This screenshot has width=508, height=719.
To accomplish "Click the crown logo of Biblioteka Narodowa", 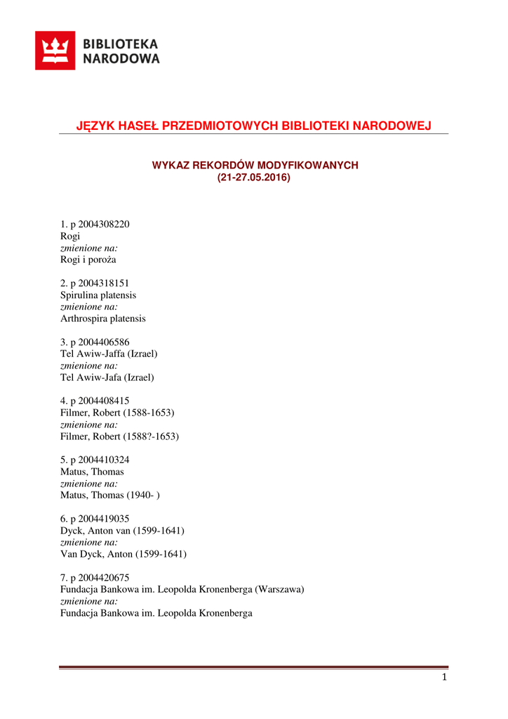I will [55, 51].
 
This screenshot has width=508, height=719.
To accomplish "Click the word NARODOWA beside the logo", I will [121, 60].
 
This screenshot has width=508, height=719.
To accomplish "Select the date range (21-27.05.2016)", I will [253, 178].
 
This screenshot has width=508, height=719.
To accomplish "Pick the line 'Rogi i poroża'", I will [88, 259].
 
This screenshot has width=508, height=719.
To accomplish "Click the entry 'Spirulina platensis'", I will [98, 295].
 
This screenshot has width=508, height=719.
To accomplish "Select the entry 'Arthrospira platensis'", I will [103, 318].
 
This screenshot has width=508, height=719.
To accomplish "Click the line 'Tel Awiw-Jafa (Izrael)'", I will [107, 377].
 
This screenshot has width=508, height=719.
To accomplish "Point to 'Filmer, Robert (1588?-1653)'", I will [119, 436].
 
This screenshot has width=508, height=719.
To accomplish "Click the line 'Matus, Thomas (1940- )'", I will [110, 495].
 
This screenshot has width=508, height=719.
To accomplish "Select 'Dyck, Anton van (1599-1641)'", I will [122, 530].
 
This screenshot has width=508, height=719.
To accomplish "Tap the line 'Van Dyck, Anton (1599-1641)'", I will [123, 554].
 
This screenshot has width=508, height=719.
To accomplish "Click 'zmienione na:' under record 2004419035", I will [88, 542].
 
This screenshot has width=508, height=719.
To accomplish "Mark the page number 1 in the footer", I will [444, 677].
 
